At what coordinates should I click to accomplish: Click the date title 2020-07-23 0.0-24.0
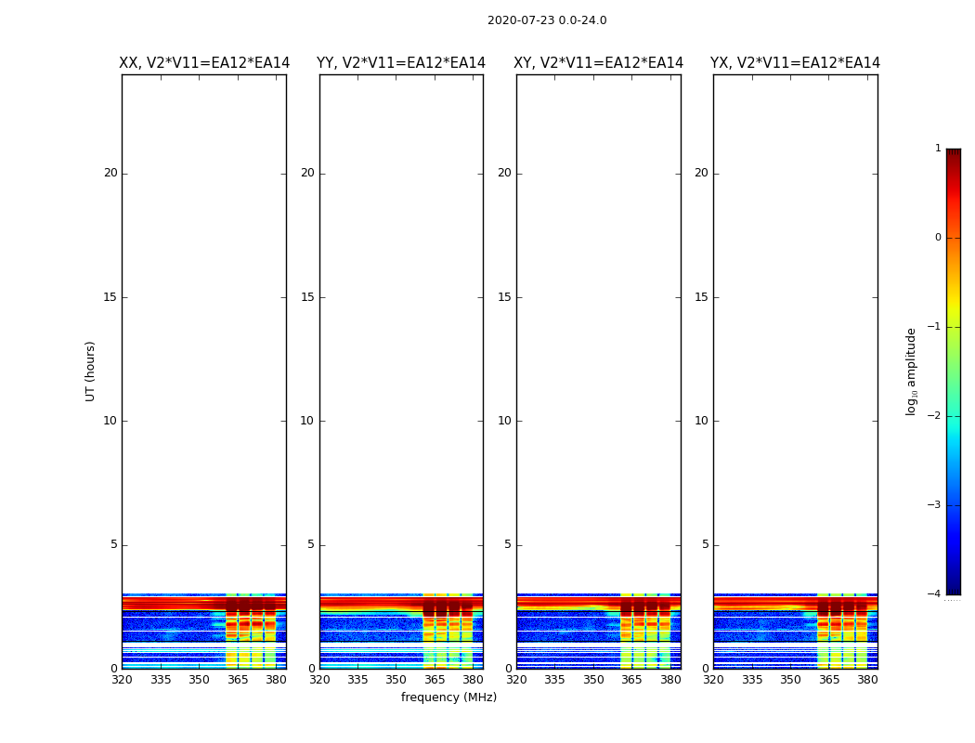click(547, 20)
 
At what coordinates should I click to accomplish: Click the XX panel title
click(204, 63)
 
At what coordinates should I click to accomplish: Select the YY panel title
click(401, 63)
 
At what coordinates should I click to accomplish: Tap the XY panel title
click(599, 63)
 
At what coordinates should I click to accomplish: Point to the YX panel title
click(795, 63)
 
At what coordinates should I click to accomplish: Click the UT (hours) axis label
click(91, 371)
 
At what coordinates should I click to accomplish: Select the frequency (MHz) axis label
click(448, 697)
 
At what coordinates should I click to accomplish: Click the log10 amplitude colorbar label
click(912, 371)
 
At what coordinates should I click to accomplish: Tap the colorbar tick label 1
click(938, 149)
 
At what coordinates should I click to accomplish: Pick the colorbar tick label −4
click(935, 594)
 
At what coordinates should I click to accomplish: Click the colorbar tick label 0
click(938, 238)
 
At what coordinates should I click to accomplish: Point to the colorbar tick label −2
click(935, 416)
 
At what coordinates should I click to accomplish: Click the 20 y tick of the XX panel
click(110, 173)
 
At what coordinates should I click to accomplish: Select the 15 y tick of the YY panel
click(307, 297)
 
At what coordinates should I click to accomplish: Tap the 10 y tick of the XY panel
click(504, 421)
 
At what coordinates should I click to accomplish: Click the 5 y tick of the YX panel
click(705, 544)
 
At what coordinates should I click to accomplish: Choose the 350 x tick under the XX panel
click(199, 680)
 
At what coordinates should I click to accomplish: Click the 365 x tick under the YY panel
click(435, 680)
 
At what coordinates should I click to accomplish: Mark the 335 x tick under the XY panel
click(555, 680)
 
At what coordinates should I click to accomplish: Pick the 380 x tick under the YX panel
click(867, 680)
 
